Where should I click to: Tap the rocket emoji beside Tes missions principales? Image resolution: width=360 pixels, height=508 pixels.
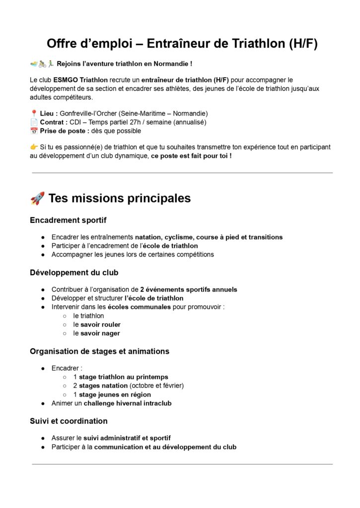point(37,198)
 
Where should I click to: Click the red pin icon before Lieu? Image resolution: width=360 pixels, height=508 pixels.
point(34,114)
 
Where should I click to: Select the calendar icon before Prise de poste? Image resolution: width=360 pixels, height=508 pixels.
point(34,131)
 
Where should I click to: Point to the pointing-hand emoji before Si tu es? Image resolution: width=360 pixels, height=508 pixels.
point(34,147)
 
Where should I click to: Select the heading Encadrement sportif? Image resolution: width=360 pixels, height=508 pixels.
point(68,220)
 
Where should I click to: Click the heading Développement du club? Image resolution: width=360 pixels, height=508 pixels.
point(74,272)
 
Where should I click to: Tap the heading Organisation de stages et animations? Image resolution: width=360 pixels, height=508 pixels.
point(99,351)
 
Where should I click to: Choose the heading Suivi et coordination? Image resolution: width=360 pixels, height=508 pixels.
point(69,421)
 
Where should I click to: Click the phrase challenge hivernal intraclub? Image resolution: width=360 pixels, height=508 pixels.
point(128,403)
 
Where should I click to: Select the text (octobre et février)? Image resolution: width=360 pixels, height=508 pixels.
point(156,385)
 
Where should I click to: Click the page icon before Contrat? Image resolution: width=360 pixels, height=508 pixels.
point(34,122)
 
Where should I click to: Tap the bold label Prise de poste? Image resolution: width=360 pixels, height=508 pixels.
point(63,131)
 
